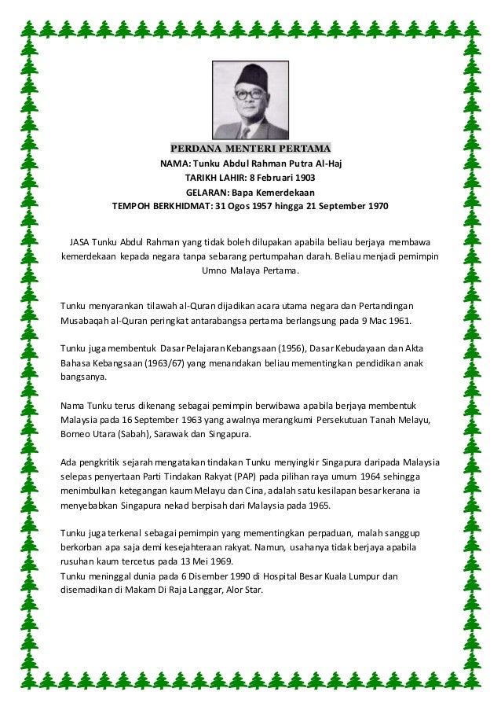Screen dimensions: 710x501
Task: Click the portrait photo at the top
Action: (251, 100)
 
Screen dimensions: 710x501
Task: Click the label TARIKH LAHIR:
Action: (217, 178)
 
